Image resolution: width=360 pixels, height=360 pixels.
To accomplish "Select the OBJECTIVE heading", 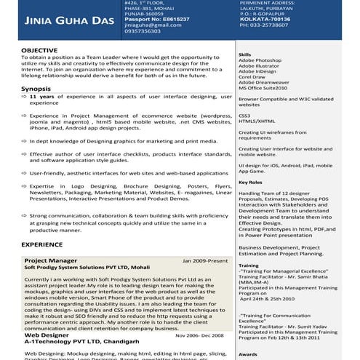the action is pos(39,50).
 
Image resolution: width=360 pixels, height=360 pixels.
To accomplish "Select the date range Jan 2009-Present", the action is pos(206,260).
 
